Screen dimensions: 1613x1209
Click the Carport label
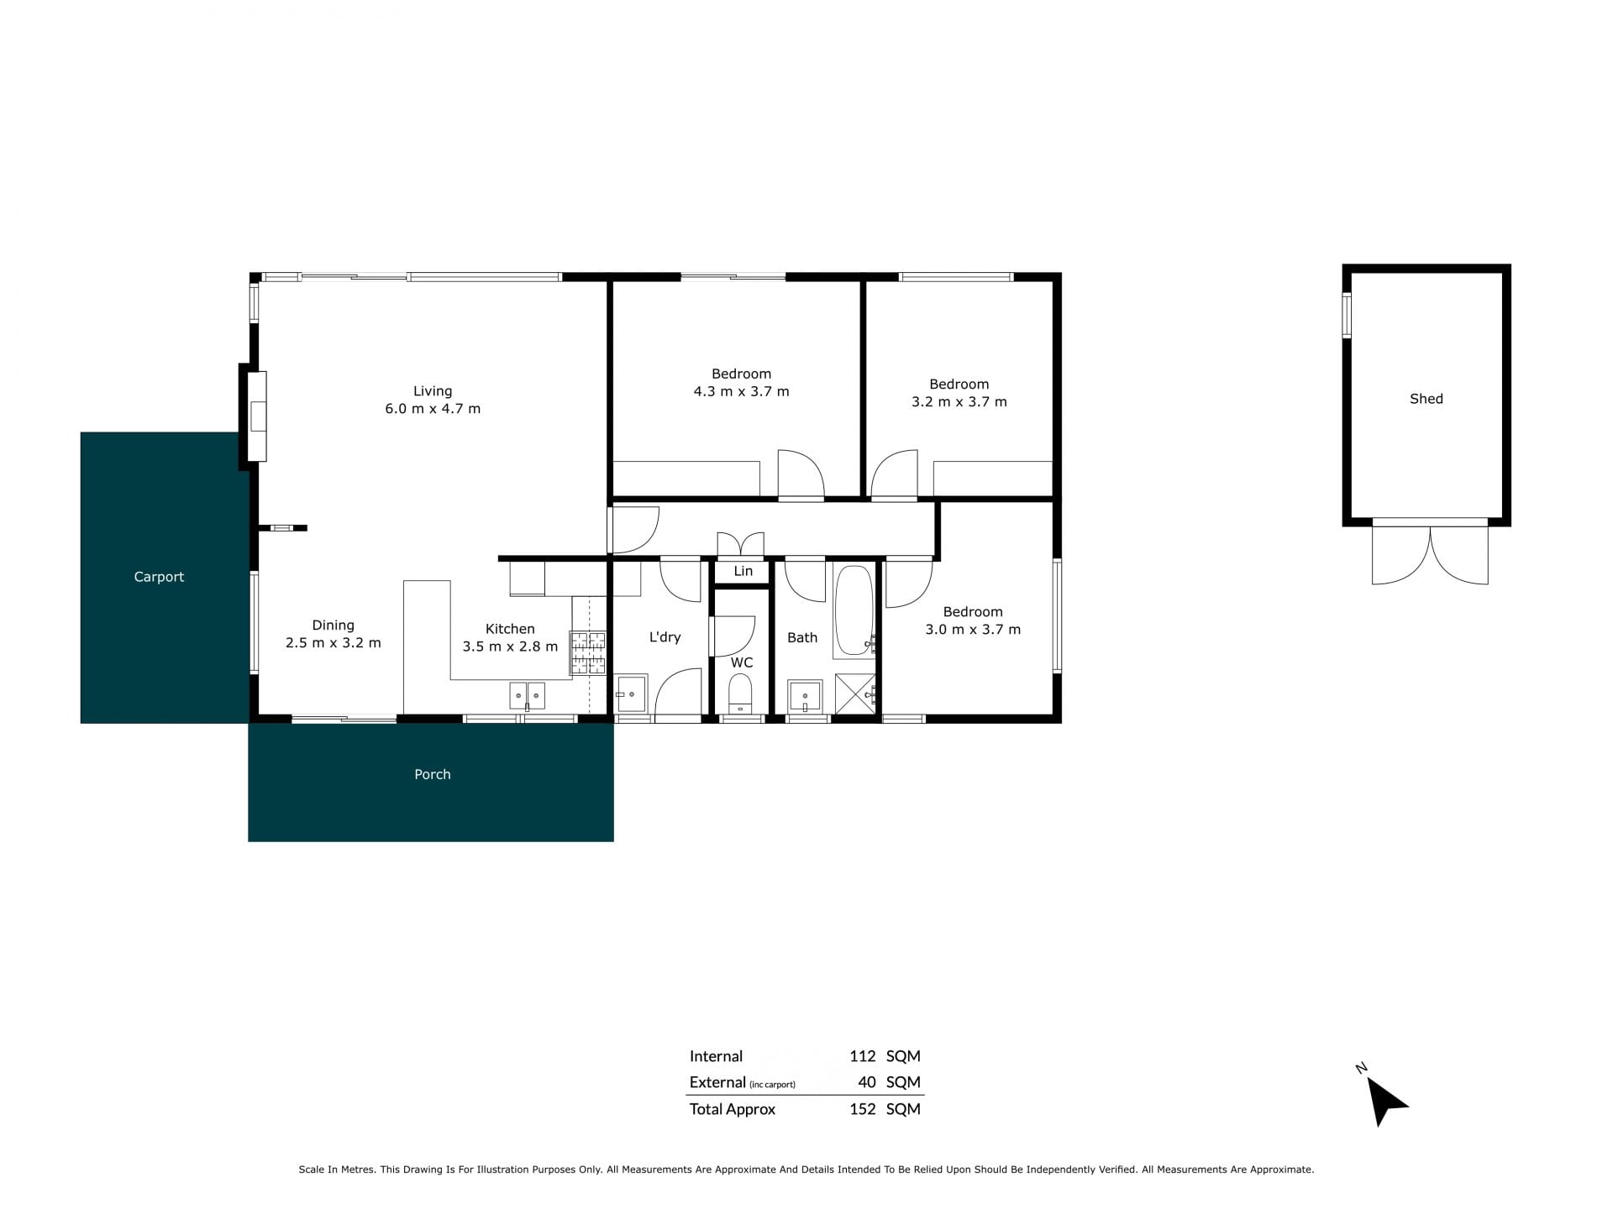click(159, 577)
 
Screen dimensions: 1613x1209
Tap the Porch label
click(433, 774)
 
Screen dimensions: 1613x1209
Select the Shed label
click(1426, 399)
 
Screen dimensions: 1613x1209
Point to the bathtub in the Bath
click(854, 611)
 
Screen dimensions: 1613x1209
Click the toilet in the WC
click(740, 693)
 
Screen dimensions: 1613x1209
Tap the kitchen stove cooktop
click(588, 653)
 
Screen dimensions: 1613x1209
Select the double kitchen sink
click(527, 696)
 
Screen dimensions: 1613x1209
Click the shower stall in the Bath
click(855, 693)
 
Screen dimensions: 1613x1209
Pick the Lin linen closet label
click(743, 571)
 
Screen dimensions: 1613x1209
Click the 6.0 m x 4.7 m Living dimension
click(433, 409)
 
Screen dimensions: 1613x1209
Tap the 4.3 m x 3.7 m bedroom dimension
click(741, 391)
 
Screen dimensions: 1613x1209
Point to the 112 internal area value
click(862, 1056)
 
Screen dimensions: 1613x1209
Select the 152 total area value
click(862, 1109)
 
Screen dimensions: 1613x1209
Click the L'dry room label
click(665, 637)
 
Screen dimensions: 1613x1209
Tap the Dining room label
click(333, 625)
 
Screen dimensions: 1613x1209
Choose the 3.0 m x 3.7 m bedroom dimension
click(973, 630)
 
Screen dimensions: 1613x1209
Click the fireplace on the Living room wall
click(256, 416)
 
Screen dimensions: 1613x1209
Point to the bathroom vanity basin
click(805, 697)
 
